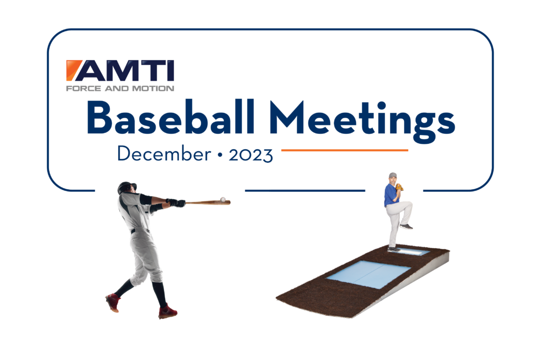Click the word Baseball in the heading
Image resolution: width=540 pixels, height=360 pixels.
[170, 118]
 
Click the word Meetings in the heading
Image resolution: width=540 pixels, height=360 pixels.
[362, 121]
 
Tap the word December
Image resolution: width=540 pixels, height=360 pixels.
[164, 153]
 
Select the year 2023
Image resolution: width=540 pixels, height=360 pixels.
[250, 155]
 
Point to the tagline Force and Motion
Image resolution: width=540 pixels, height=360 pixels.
[120, 89]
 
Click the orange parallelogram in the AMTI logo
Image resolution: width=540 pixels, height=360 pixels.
[73, 70]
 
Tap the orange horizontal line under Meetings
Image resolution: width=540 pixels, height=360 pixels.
[345, 150]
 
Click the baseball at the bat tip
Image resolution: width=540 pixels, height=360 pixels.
[223, 199]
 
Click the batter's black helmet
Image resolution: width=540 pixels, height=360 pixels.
[126, 187]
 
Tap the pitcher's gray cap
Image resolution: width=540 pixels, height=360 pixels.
[392, 175]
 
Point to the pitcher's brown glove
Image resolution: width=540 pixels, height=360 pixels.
[399, 187]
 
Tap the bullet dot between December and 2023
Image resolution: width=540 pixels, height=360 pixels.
[220, 155]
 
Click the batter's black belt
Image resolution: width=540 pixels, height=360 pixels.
[140, 230]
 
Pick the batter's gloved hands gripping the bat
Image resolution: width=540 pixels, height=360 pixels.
[176, 203]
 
